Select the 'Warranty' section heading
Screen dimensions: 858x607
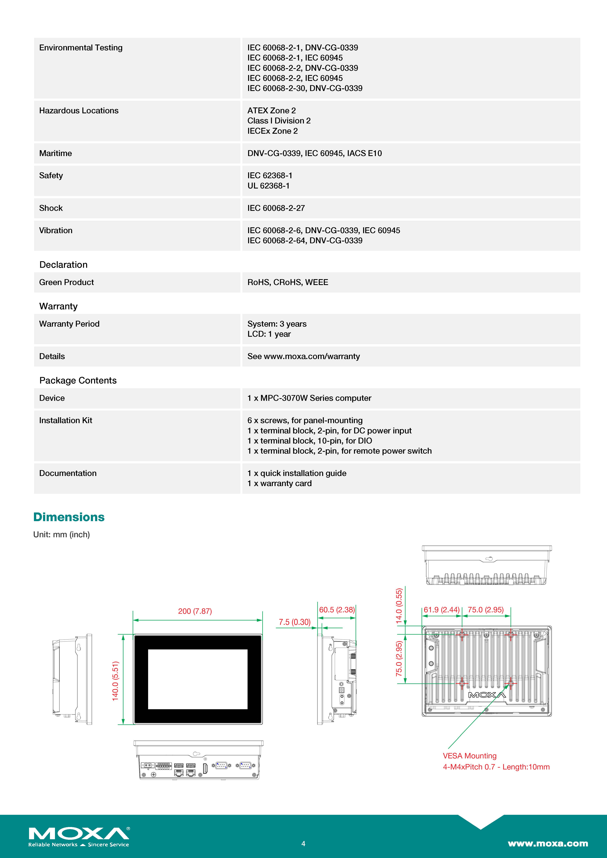58,306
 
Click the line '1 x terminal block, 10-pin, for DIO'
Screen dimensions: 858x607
309,441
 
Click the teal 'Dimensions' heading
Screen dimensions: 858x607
69,517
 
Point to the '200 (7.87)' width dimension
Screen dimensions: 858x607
195,611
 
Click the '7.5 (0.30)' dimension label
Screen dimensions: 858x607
295,622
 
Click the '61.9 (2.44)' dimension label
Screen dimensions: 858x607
441,610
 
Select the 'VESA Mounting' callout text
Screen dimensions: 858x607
469,756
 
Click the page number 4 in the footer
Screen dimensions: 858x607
303,843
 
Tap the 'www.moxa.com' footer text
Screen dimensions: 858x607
548,843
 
